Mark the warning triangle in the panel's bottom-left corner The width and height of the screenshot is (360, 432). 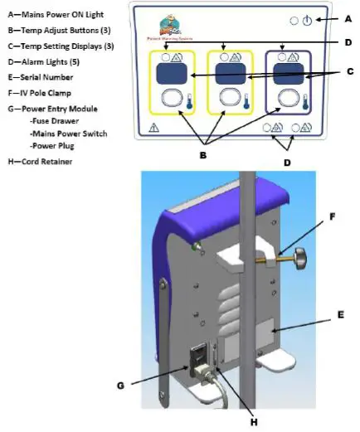click(x=153, y=129)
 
